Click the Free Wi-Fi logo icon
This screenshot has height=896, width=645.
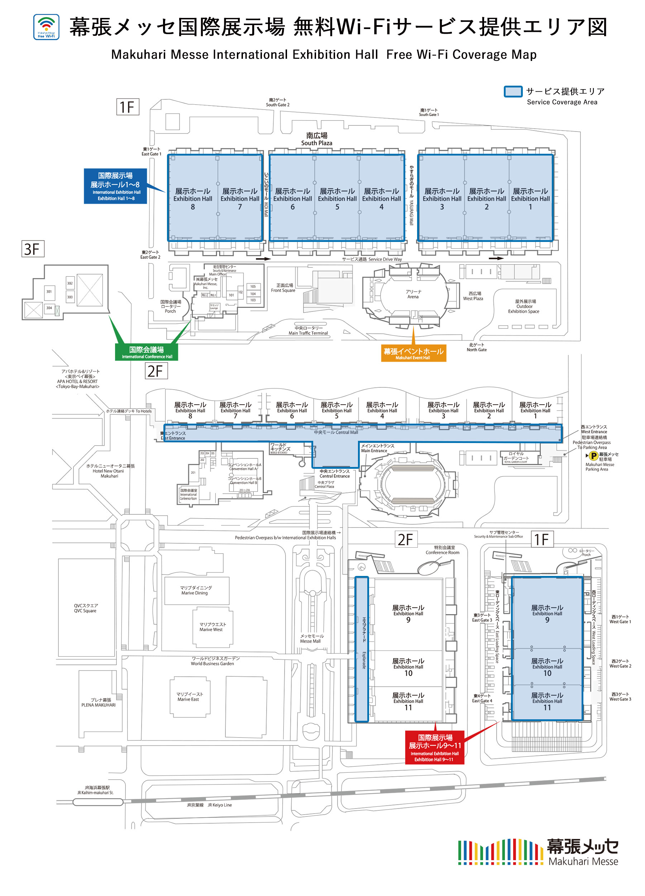[x=46, y=27]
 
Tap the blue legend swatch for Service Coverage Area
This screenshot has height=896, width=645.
[x=513, y=92]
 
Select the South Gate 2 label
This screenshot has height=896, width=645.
[x=277, y=102]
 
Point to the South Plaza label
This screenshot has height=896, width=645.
[x=316, y=139]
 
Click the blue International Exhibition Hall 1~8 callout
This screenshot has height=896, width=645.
[x=115, y=186]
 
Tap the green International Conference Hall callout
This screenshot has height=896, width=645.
[x=147, y=352]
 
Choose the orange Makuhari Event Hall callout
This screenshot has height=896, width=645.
[x=413, y=353]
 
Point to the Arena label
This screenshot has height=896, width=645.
[x=413, y=294]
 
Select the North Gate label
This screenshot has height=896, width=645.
[x=476, y=347]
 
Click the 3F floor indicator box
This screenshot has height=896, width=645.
[x=33, y=249]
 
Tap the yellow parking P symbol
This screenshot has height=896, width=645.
[x=593, y=456]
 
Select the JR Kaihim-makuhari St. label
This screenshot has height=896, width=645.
[x=96, y=790]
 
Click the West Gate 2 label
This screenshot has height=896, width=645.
[x=620, y=664]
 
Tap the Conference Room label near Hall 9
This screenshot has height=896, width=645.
[x=443, y=550]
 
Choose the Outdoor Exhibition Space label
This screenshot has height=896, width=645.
[x=524, y=306]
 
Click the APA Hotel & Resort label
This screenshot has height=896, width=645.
[x=77, y=379]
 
